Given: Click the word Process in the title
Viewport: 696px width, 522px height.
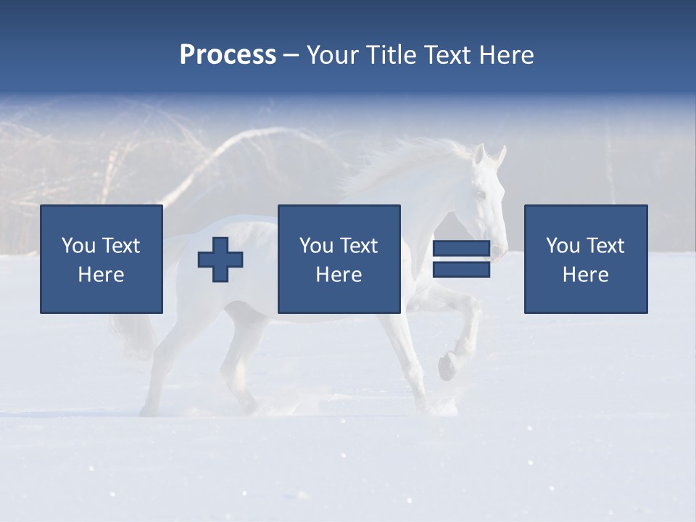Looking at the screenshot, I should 228,55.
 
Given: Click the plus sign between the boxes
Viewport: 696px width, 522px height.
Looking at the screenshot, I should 220,260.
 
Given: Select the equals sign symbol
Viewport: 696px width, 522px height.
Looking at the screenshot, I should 461,259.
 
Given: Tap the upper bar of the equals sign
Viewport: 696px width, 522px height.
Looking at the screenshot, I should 461,249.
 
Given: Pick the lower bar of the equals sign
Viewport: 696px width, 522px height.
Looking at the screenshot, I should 461,270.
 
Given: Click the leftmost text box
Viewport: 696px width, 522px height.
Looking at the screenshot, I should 101,259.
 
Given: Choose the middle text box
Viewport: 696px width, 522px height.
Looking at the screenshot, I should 339,259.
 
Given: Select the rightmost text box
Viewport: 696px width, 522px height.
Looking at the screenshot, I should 586,259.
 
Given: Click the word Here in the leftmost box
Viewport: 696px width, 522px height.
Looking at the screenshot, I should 101,275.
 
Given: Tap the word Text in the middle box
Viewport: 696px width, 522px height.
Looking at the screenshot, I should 358,246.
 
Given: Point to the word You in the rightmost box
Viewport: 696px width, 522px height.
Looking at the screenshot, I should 563,246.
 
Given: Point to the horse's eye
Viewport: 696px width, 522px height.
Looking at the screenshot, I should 480,194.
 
